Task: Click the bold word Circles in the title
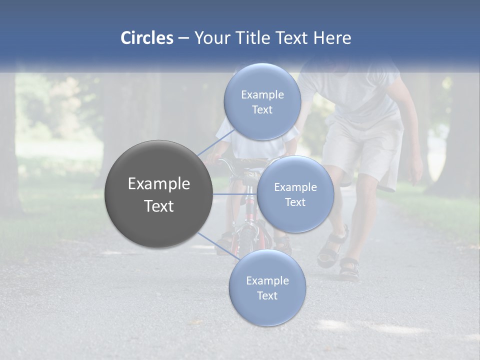[x=146, y=38]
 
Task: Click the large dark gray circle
[x=158, y=194]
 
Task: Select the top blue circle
[x=262, y=101]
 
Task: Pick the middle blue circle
[x=295, y=194]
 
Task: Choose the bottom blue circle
[x=267, y=287]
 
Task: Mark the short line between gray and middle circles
[x=234, y=194]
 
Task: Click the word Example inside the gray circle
[x=158, y=184]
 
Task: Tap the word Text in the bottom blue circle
[x=267, y=295]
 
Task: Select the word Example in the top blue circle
[x=262, y=94]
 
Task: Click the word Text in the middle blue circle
[x=295, y=202]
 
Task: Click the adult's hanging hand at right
[x=414, y=172]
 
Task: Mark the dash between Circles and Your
[x=183, y=38]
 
